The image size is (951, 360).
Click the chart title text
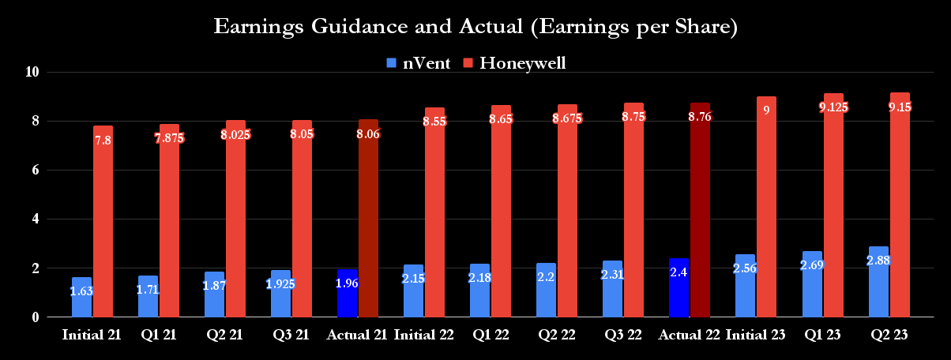(475, 28)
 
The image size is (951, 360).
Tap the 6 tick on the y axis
(35, 170)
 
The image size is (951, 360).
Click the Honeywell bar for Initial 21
(103, 221)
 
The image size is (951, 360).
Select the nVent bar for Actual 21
(347, 293)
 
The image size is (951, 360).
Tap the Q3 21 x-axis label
(291, 336)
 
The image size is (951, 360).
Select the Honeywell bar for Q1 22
(501, 213)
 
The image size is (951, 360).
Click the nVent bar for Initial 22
(413, 291)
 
